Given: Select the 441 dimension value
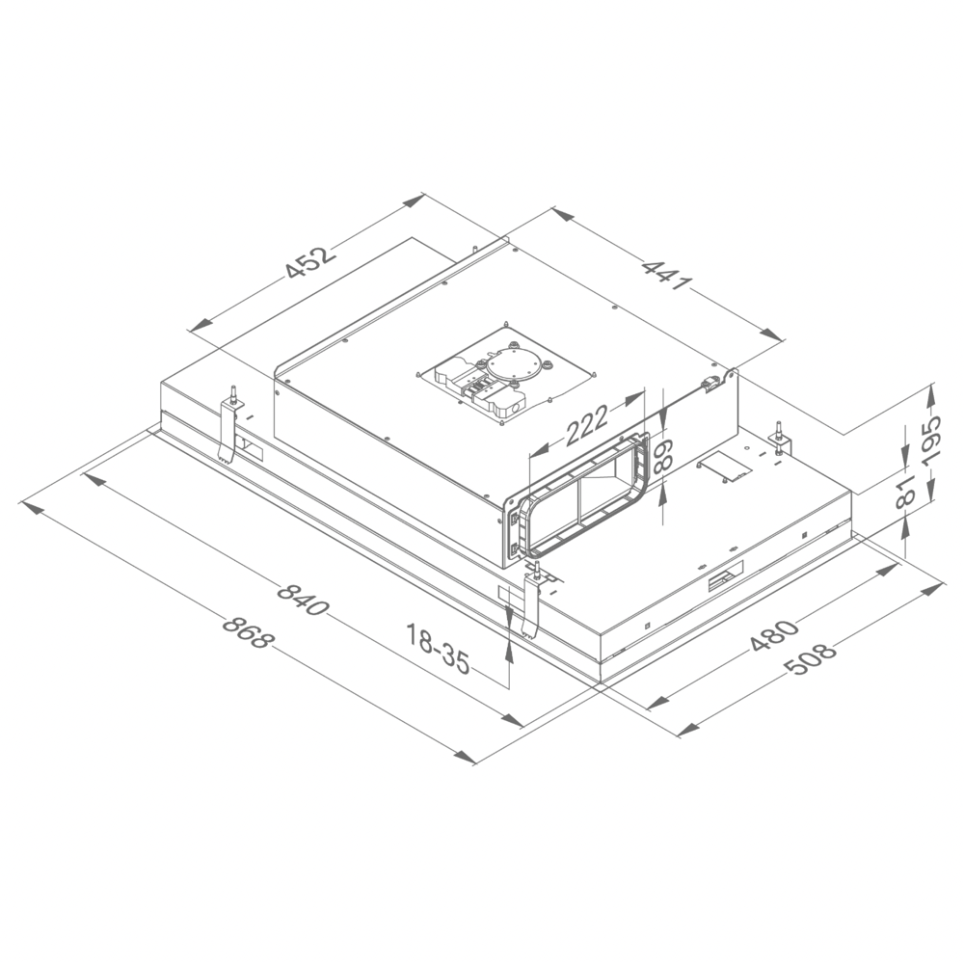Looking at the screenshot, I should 667,274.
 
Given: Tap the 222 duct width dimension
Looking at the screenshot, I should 586,425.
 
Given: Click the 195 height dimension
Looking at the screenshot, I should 932,439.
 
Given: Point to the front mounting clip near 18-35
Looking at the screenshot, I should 531,602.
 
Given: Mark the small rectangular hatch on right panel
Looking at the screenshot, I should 724,467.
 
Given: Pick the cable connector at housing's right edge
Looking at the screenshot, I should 711,385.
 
